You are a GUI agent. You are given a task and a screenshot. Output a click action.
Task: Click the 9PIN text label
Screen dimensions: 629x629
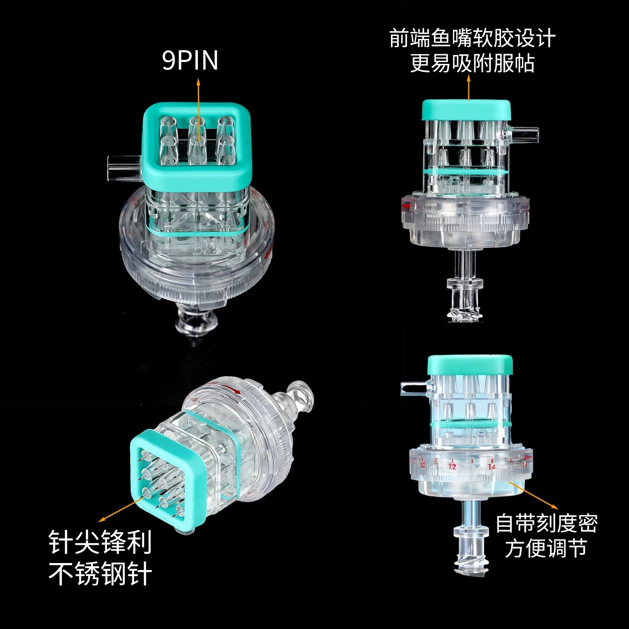(190, 61)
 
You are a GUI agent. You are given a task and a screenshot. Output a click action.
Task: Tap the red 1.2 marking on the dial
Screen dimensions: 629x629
(453, 467)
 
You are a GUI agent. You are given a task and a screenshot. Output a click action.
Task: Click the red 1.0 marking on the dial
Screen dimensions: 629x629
(423, 465)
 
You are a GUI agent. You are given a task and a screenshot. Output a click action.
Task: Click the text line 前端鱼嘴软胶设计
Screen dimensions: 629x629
(472, 38)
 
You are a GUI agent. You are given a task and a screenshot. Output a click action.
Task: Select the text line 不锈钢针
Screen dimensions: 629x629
(100, 574)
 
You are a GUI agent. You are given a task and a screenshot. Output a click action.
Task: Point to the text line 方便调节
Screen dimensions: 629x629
(546, 548)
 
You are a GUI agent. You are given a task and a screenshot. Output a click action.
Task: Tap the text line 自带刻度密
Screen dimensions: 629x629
(547, 523)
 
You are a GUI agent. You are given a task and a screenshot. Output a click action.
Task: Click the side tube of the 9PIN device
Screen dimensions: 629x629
(124, 166)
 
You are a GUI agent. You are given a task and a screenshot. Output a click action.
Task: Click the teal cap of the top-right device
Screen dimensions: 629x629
(466, 110)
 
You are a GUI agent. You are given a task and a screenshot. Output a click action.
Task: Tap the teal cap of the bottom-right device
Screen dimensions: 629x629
(470, 365)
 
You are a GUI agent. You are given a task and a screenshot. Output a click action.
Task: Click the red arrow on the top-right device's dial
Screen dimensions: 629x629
(406, 206)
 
